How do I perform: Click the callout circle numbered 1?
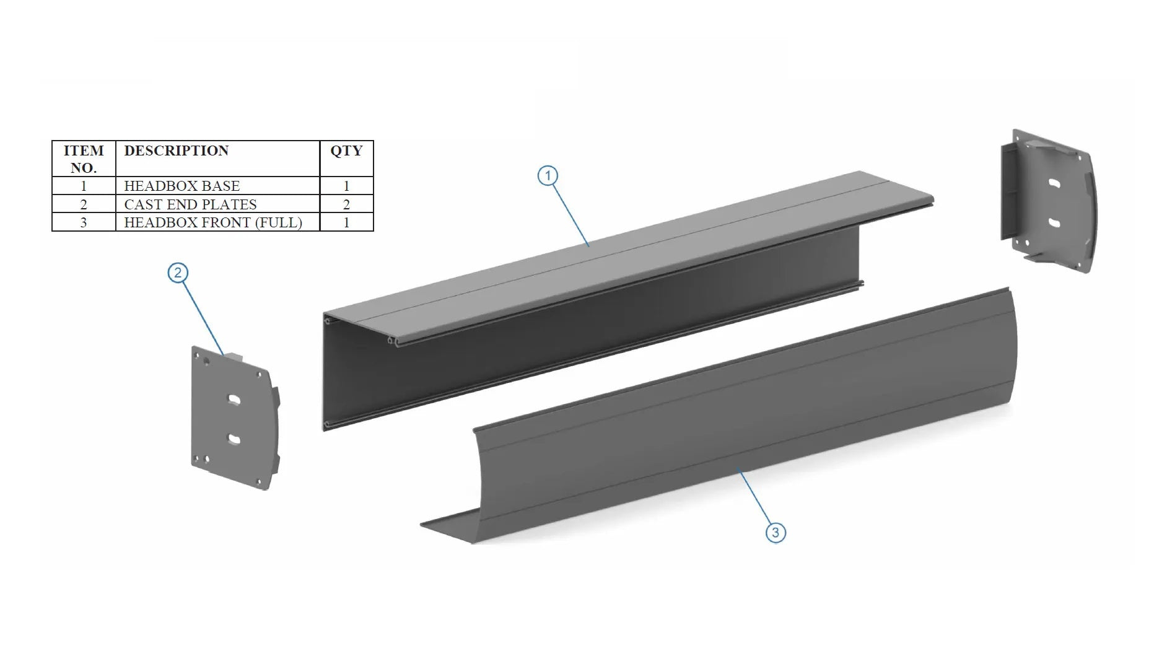point(548,176)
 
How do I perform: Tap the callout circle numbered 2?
point(178,273)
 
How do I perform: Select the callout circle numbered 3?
point(776,533)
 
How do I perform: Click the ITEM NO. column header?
point(84,159)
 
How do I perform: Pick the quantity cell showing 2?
point(346,204)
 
